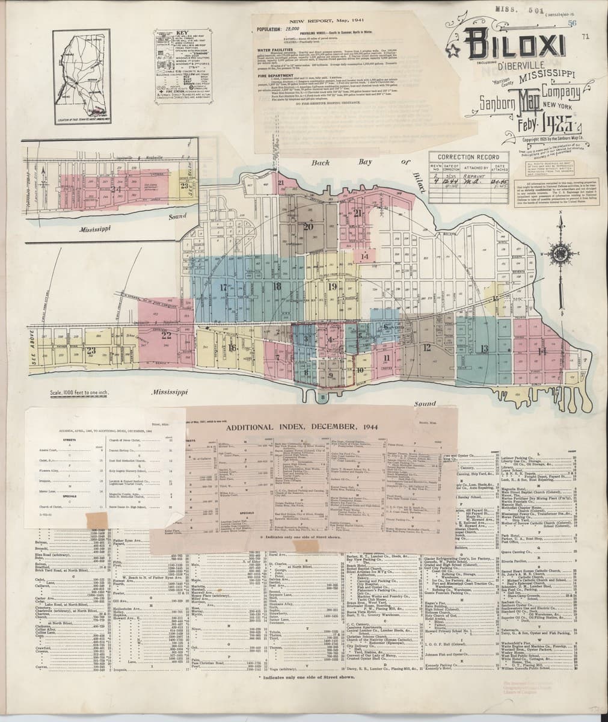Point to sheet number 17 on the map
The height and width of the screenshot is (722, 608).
click(x=224, y=287)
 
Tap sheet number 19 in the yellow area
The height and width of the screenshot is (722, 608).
click(x=332, y=286)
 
